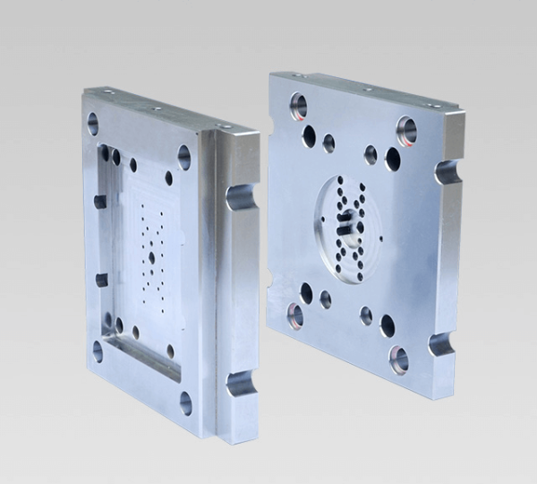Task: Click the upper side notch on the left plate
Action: pyautogui.click(x=240, y=196)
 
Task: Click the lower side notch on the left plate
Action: pyautogui.click(x=239, y=384)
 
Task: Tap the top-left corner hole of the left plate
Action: pyautogui.click(x=92, y=124)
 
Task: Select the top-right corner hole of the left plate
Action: pyautogui.click(x=183, y=157)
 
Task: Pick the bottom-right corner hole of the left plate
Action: pyautogui.click(x=185, y=402)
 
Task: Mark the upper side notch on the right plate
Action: pyautogui.click(x=447, y=171)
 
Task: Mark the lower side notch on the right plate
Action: pyautogui.click(x=440, y=343)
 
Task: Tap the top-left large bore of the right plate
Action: pyautogui.click(x=298, y=107)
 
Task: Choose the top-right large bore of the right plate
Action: pyautogui.click(x=406, y=131)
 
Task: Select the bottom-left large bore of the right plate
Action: pyautogui.click(x=294, y=314)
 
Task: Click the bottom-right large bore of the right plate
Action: pyautogui.click(x=398, y=359)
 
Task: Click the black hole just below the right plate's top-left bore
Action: pyautogui.click(x=309, y=135)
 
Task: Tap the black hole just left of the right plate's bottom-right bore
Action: pyautogui.click(x=387, y=324)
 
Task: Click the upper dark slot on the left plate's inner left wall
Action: pyautogui.click(x=100, y=201)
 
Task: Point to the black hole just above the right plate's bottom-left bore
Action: pyautogui.click(x=306, y=292)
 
